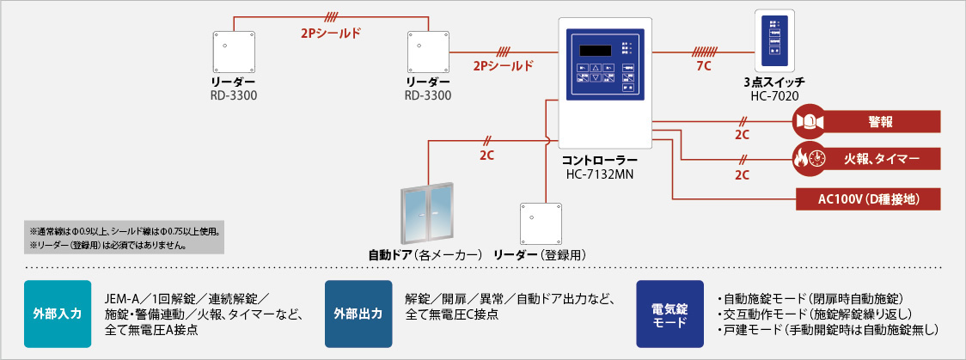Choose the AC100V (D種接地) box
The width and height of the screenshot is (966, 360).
[870, 198]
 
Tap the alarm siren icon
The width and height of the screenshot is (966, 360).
[809, 121]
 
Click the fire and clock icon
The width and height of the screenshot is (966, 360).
[809, 159]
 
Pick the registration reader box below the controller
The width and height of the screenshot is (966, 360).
[541, 224]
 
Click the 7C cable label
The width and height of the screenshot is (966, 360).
[703, 65]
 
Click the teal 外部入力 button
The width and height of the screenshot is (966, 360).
[58, 313]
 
